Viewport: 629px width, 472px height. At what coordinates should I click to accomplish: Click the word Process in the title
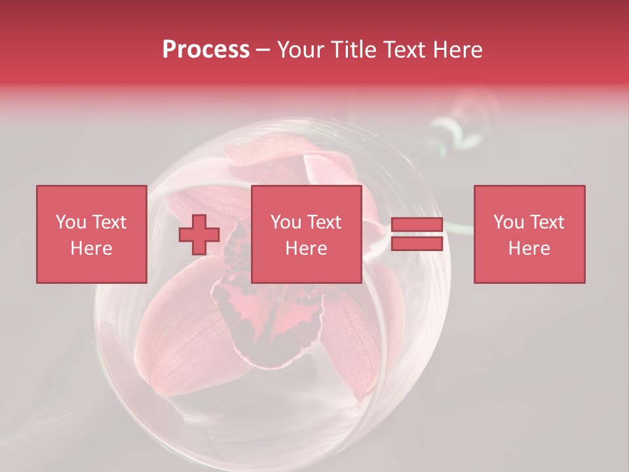206,50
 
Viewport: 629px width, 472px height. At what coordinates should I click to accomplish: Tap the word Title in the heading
354,50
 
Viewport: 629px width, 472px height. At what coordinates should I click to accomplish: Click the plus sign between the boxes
199,235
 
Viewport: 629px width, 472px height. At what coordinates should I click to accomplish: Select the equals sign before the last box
417,235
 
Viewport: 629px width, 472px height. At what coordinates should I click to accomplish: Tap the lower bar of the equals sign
417,244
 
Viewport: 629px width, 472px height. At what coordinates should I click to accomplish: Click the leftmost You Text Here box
91,234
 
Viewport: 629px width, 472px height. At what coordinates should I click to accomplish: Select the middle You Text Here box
306,234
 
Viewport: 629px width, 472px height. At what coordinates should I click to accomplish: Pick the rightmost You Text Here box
529,234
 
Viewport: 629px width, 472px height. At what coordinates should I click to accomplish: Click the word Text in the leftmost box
109,222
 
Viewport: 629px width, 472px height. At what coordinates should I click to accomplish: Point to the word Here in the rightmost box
529,248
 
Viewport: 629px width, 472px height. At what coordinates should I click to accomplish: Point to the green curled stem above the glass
452,131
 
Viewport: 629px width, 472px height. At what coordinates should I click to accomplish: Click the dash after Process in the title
263,50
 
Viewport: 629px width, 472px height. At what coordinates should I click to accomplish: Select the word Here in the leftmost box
91,248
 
